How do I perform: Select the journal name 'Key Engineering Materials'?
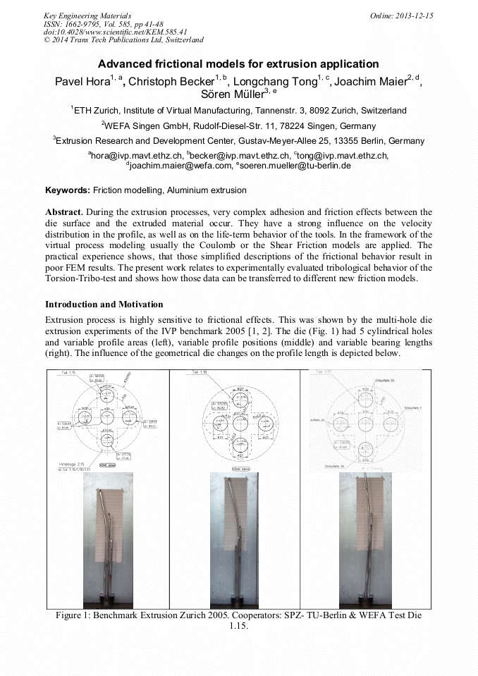[87, 16]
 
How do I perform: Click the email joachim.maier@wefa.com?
[180, 165]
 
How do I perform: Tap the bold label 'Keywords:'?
[67, 190]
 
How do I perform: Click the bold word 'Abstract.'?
[65, 212]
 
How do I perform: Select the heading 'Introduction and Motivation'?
[104, 305]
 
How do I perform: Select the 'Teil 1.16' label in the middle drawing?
[202, 372]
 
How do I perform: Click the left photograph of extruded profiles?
[108, 539]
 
